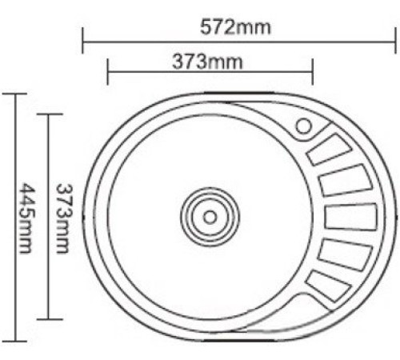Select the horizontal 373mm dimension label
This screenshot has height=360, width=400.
tap(207, 61)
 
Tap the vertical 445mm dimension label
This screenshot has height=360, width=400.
tap(25, 218)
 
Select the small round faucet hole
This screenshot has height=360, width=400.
tap(304, 126)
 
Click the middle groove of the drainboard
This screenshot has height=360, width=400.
tap(350, 217)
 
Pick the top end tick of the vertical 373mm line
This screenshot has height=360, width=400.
tap(48, 114)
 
